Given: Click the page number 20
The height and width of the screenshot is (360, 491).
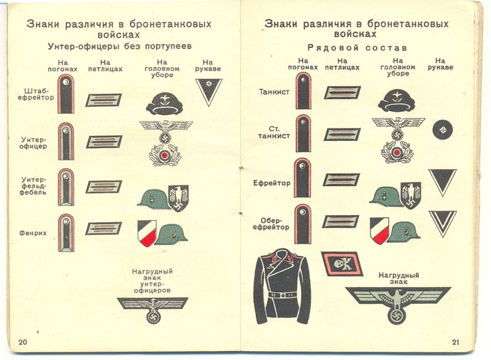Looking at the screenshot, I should point(23,342).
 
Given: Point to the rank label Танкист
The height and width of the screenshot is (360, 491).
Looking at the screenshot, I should point(274,92).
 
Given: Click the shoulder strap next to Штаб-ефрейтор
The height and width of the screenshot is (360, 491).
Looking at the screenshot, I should point(66,94).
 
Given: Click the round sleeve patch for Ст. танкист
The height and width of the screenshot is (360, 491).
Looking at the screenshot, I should point(443,129).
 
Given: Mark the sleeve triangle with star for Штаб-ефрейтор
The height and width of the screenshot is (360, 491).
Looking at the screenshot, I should point(209,90).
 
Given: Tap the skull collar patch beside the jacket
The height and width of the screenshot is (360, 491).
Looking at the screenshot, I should point(338,262).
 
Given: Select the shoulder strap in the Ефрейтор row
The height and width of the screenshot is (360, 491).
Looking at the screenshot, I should point(302,178).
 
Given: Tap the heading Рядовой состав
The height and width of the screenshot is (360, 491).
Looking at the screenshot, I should point(356,48).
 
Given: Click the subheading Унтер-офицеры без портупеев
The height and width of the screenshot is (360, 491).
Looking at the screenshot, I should point(120,47).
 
